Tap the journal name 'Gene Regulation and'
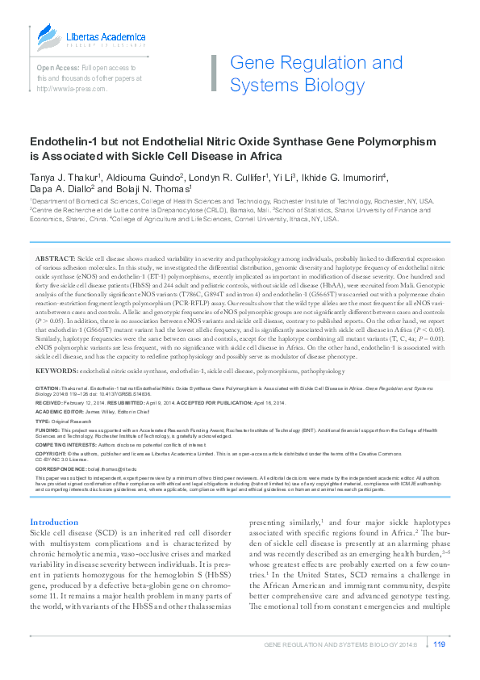point(316,63)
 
